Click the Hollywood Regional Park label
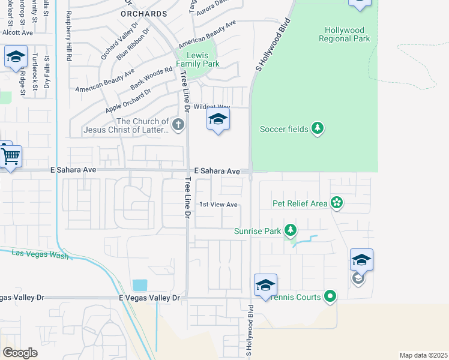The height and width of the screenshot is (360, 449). pos(347,34)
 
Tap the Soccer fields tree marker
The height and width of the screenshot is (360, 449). pos(318,128)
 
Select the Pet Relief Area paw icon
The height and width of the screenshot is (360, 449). pos(337,203)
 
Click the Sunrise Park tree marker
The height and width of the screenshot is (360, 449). pos(291,230)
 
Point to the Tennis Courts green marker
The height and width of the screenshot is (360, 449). pos(330,296)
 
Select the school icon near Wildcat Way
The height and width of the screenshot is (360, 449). pos(218,119)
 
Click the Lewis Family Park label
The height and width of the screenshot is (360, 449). pos(197,59)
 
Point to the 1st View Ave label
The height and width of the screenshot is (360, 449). pos(218,205)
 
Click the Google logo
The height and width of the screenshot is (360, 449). pos(20,353)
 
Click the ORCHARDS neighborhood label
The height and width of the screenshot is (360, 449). pos(143,13)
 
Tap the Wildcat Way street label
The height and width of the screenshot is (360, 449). pos(212,107)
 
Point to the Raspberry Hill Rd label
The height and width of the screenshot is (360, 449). pos(68,37)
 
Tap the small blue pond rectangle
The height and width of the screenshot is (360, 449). pos(139,285)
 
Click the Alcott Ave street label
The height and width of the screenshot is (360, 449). pos(17,32)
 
